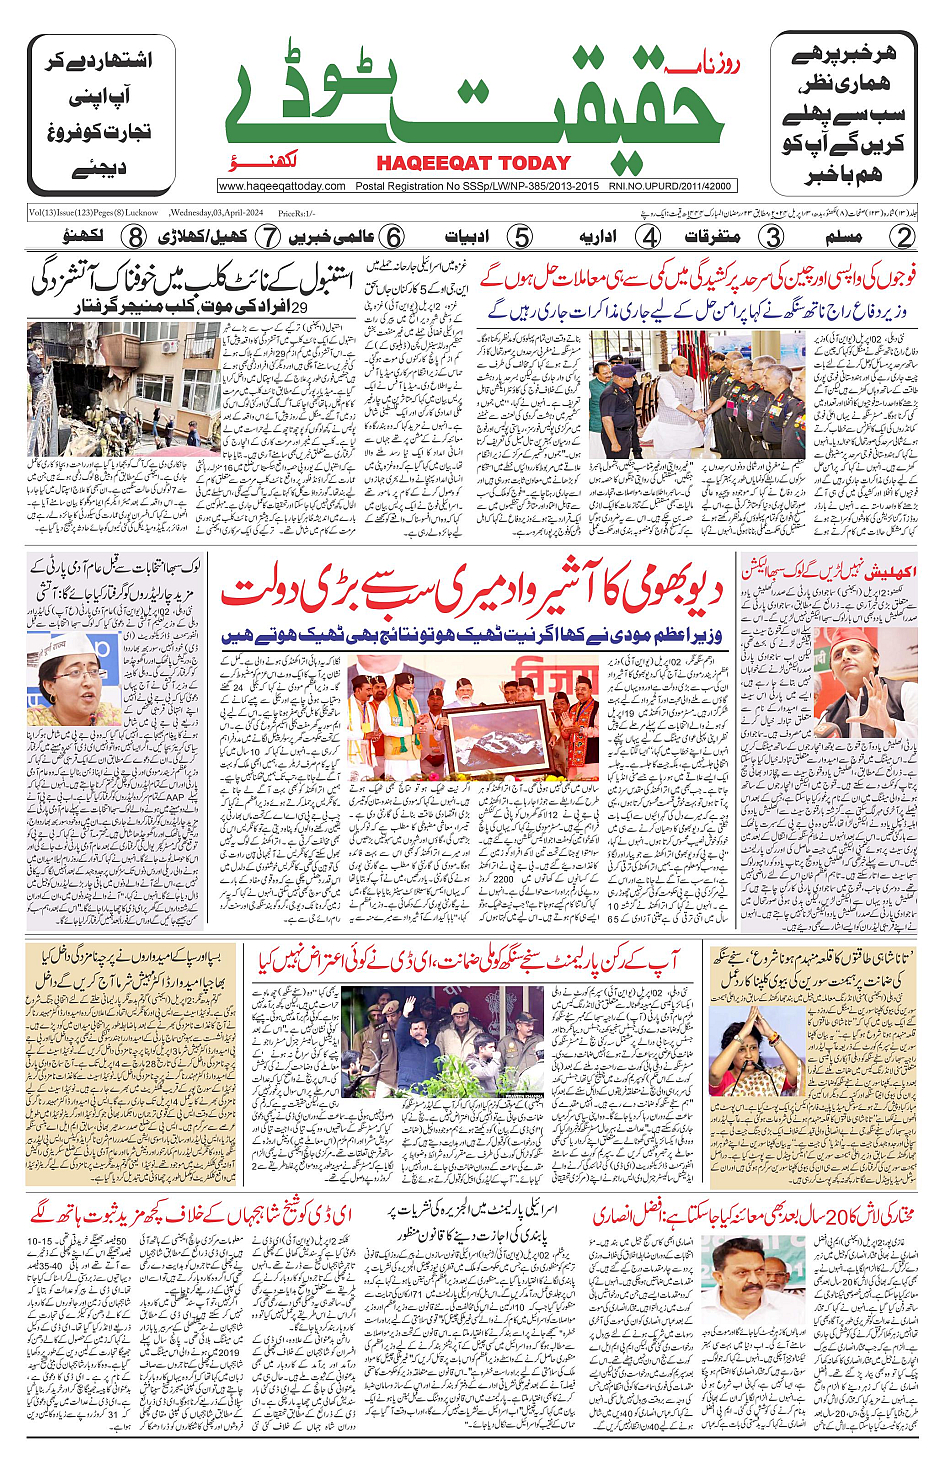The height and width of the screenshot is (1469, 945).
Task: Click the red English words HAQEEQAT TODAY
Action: coord(473,164)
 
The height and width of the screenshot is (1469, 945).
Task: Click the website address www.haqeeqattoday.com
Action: coord(282,186)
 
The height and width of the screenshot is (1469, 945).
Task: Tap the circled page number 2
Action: coord(903,237)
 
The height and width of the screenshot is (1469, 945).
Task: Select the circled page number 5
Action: coord(520,237)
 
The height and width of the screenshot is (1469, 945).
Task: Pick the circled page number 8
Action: coord(135,237)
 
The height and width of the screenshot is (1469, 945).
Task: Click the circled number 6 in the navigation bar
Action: coord(394,237)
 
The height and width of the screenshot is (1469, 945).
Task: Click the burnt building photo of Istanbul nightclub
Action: coord(124,387)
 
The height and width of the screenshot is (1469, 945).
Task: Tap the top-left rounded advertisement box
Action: coord(101,114)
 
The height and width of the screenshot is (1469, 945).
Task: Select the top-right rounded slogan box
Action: coord(843,114)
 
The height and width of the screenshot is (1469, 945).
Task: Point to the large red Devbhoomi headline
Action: coord(470,592)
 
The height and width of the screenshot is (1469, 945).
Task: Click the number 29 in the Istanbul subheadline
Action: coord(297,307)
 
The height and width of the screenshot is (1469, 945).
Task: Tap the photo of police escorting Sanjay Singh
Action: coord(442,1041)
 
